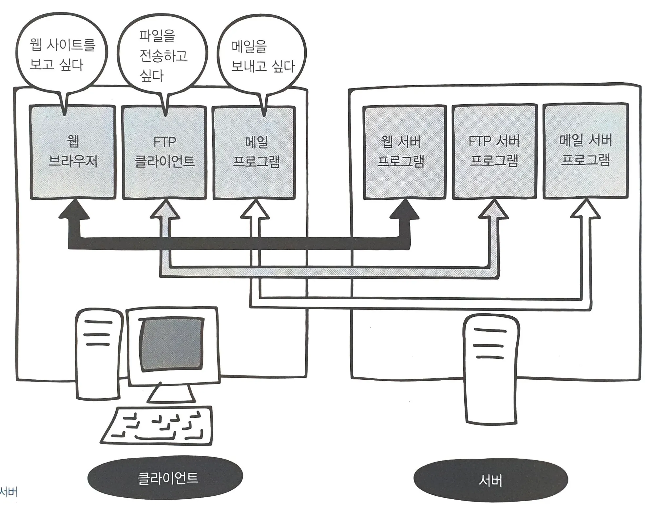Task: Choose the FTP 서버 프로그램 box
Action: (x=494, y=152)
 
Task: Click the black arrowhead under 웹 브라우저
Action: (x=74, y=210)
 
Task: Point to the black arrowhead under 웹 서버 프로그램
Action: (x=404, y=210)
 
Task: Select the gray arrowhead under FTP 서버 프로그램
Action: (x=494, y=211)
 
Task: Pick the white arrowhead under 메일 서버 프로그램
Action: (x=585, y=210)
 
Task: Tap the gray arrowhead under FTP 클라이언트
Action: (x=165, y=211)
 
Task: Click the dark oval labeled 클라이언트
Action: (x=165, y=478)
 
